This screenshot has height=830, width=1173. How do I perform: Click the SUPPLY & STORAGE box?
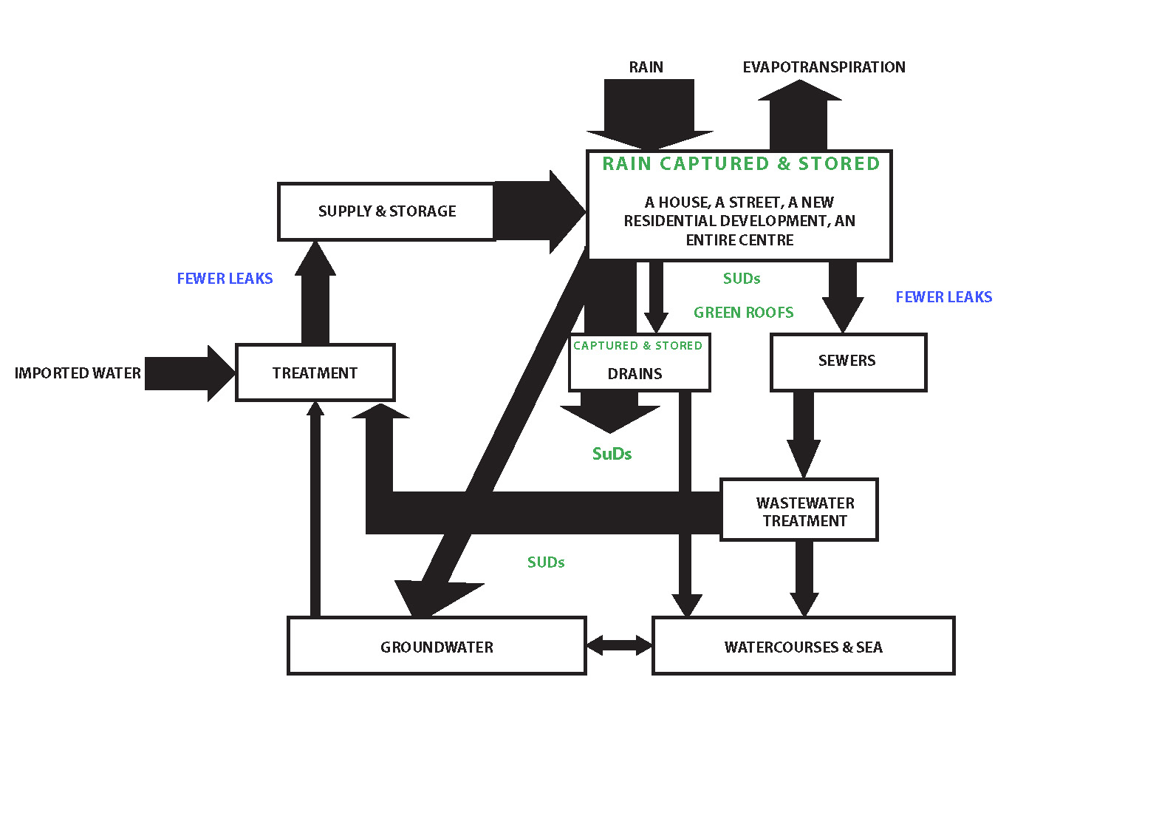click(386, 211)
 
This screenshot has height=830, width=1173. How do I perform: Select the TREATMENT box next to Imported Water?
click(315, 373)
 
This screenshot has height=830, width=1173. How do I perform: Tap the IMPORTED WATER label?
click(78, 373)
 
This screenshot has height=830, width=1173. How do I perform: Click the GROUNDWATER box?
click(437, 647)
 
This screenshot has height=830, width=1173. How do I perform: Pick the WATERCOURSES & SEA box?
click(803, 647)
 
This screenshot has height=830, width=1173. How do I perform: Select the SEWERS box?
click(847, 361)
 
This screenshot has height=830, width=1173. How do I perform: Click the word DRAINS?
click(635, 374)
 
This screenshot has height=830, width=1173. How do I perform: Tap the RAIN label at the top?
click(646, 67)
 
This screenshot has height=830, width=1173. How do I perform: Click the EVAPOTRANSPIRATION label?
click(824, 67)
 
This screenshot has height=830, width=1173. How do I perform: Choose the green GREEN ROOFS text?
click(743, 313)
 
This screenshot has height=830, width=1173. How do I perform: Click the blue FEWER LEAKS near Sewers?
click(943, 297)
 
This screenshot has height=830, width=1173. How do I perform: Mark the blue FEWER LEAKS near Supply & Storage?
click(225, 279)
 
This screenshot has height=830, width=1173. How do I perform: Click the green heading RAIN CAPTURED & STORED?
click(741, 164)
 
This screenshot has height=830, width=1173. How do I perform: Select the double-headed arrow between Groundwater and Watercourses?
click(619, 646)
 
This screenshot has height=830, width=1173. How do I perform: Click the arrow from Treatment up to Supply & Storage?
click(315, 296)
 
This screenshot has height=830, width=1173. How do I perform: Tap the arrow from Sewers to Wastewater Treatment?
click(803, 432)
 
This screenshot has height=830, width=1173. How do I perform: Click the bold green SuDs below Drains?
click(612, 454)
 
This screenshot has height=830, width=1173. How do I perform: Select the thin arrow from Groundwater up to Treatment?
click(315, 510)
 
